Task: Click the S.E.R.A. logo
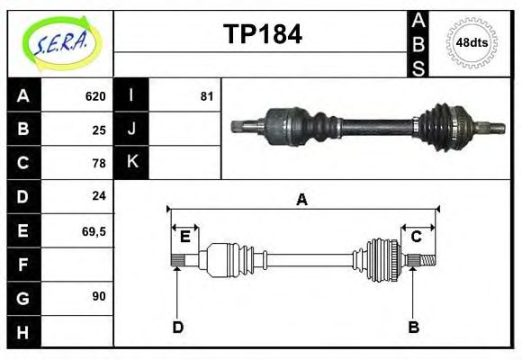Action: coord(59,43)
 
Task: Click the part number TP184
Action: coord(262,35)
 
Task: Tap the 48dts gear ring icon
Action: coord(472,42)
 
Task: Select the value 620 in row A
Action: coord(95,96)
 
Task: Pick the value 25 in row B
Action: coord(99,130)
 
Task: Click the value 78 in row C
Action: coord(99,163)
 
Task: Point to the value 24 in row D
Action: coord(99,195)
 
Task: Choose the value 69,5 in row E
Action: coord(94,230)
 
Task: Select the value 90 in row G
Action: coord(99,295)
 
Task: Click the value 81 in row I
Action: coord(207,96)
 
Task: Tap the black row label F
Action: coord(23,265)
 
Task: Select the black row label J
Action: coord(131,130)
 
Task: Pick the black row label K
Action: coord(131,163)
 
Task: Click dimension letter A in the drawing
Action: coord(302,200)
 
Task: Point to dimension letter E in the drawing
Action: coord(184,237)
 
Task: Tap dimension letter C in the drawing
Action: coord(417,237)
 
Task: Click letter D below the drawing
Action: coord(177,327)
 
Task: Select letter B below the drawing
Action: coord(413,327)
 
